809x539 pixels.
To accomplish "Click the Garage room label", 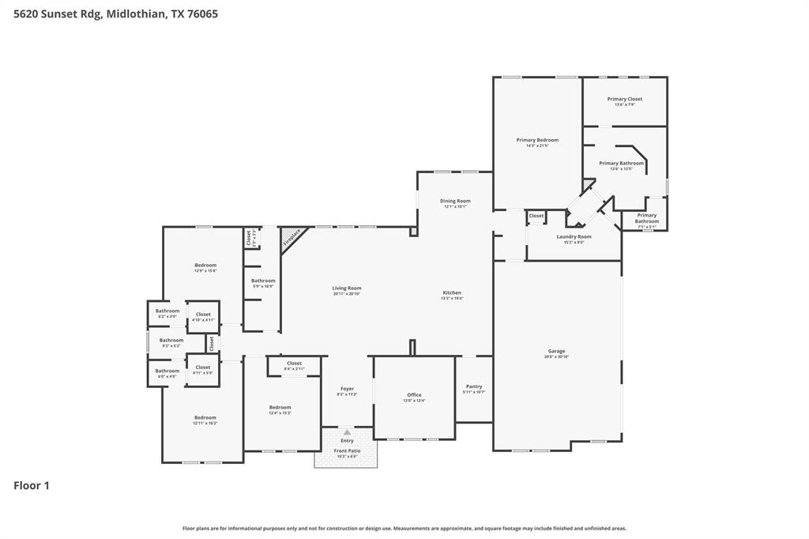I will tap(557, 352).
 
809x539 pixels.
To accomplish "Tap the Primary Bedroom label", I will tap(537, 141).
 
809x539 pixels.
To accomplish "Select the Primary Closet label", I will tap(624, 100).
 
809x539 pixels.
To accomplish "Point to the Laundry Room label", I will tap(574, 237).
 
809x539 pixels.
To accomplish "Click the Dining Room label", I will tap(455, 202).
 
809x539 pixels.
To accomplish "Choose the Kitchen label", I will tap(452, 293).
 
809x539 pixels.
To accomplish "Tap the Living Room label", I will tap(347, 288).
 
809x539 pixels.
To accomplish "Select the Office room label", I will tap(414, 395).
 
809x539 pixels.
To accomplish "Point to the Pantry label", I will tap(474, 387).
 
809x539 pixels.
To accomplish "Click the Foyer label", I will tap(347, 389).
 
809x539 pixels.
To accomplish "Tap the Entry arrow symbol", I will tap(347, 432).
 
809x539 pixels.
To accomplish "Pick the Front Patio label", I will tap(347, 451).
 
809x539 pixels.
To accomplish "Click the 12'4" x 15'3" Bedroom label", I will tap(280, 408).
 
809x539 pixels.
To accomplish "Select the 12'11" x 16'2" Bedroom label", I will tap(205, 418).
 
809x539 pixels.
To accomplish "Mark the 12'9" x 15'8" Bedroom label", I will tap(205, 266).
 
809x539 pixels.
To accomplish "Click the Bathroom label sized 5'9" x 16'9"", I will tap(263, 281).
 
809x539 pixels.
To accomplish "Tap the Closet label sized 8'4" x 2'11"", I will tap(294, 364).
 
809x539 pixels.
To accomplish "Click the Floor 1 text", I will tap(32, 485).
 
